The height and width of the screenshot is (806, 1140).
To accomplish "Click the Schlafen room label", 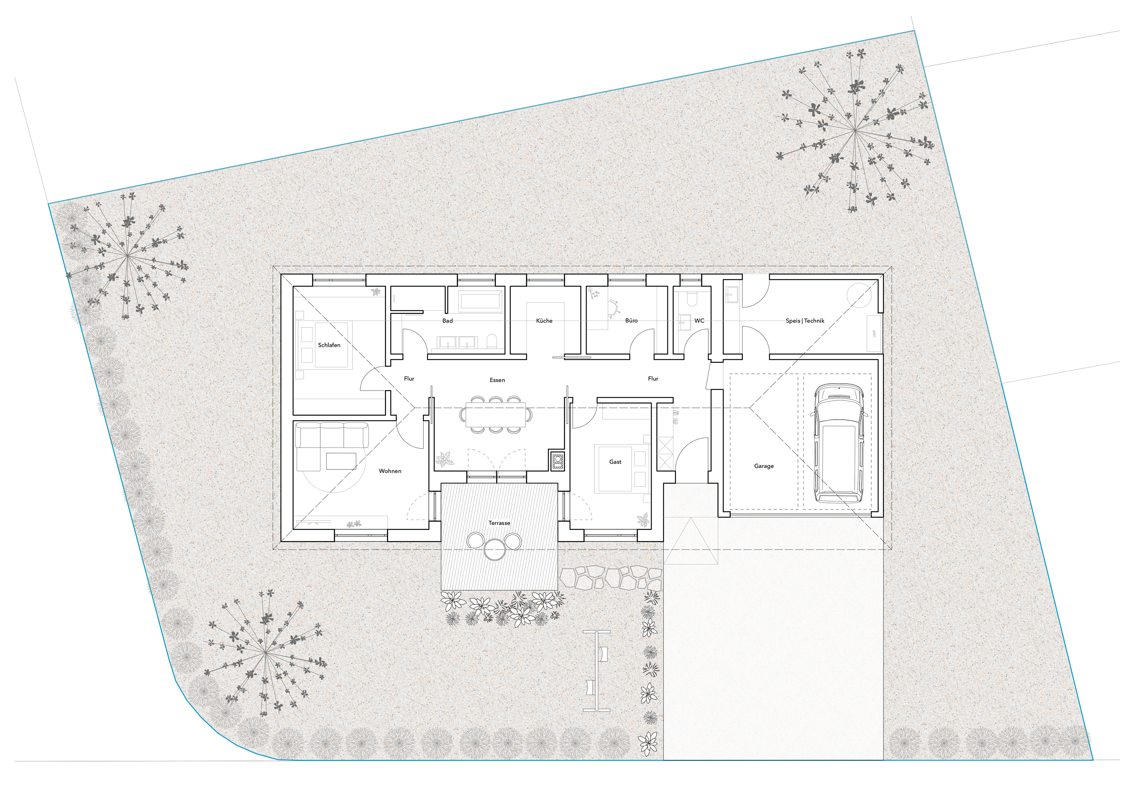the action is [329, 345].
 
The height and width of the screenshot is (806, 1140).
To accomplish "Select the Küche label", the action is [544, 321].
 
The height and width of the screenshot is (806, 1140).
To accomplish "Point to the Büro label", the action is [631, 321].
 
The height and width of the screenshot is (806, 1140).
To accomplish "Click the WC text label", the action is [699, 321].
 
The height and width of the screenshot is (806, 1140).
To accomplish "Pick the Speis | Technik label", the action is [805, 321].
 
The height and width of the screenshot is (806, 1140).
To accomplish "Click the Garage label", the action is [764, 466].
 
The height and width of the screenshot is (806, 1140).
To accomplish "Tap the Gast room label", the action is [615, 462].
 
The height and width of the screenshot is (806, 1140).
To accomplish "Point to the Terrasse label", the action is [499, 523].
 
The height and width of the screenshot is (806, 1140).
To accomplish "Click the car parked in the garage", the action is [838, 444].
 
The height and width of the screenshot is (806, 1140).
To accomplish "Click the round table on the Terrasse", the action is [495, 550].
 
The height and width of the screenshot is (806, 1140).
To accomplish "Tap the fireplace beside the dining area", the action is [557, 461].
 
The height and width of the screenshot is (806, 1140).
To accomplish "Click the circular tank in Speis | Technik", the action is [859, 295].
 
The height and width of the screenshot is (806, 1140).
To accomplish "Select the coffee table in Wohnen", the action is [341, 461].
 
